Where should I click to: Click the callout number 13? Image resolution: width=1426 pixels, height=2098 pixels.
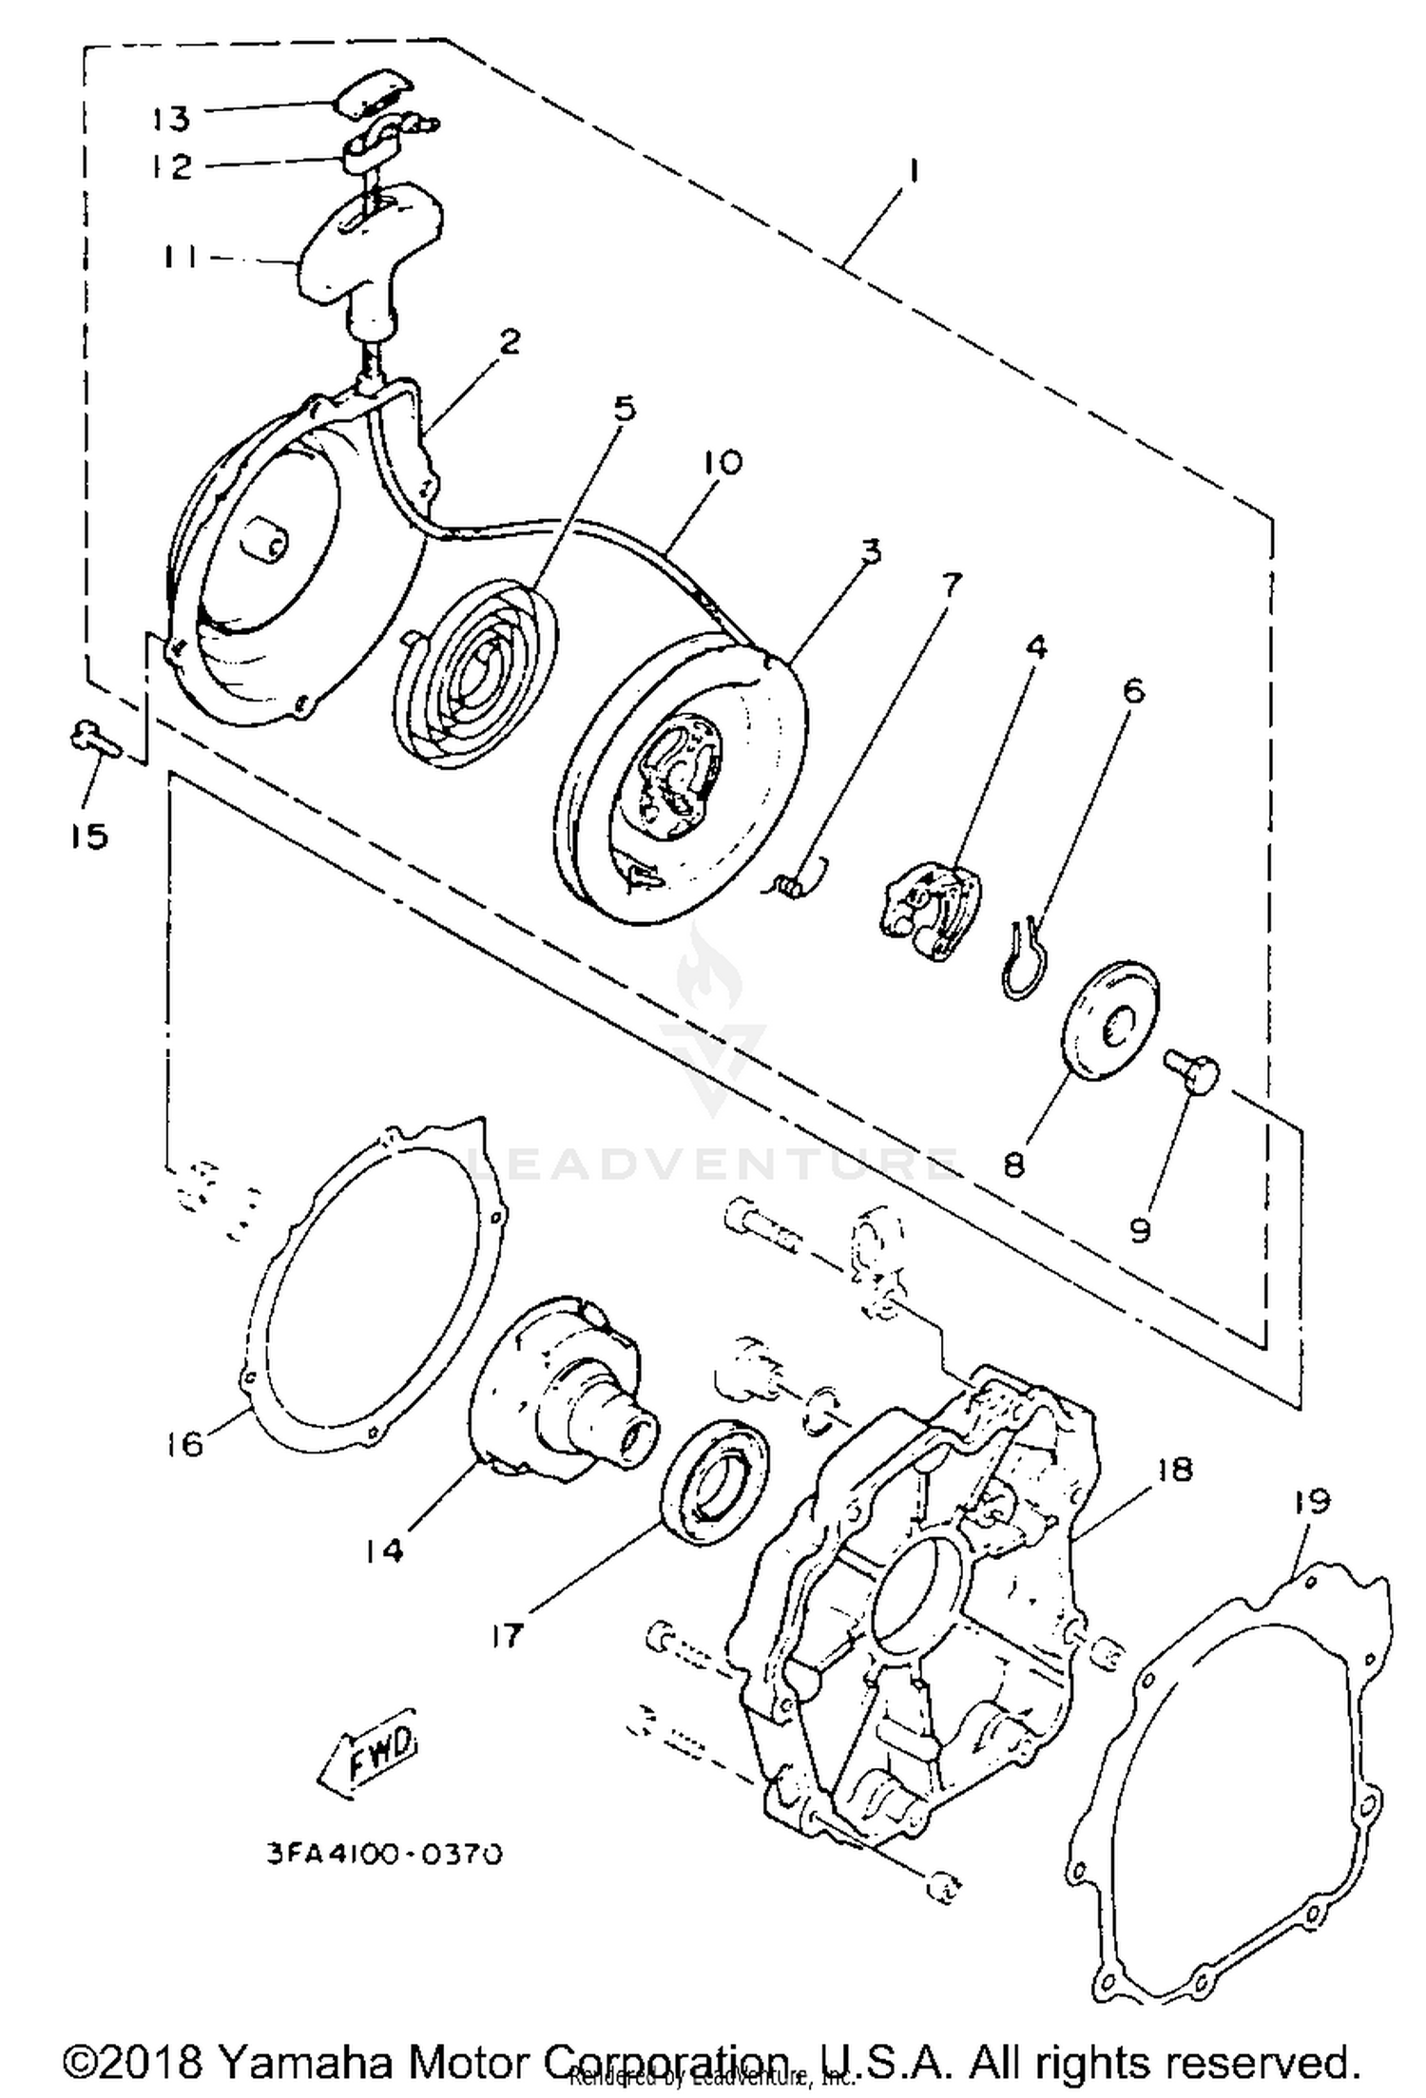[x=171, y=119]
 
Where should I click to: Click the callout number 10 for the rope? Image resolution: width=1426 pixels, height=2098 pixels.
[x=723, y=463]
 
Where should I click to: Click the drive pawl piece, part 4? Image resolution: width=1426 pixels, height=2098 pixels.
[x=927, y=895]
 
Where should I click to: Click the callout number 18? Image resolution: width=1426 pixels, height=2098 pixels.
[x=1175, y=1469]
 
